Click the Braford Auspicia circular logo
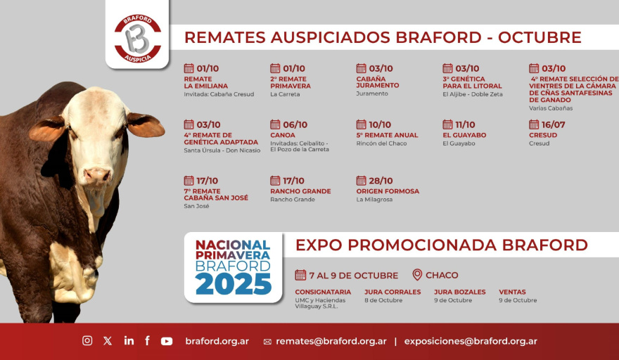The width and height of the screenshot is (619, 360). [x=137, y=39]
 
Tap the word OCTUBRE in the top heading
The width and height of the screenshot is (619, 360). [x=540, y=37]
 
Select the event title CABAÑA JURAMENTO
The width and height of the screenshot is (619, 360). [x=378, y=82]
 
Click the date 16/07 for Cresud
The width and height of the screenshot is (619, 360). [x=553, y=124]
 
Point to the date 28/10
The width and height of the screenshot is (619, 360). [x=381, y=181]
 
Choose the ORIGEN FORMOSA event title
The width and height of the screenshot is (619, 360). [x=388, y=191]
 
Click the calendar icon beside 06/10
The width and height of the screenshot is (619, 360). [x=275, y=124]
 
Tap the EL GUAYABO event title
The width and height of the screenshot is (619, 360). [x=464, y=135]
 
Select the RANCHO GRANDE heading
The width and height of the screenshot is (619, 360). [x=300, y=191]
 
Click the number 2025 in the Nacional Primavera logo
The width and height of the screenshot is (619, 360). [x=234, y=284]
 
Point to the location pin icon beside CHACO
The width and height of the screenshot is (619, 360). [x=417, y=275]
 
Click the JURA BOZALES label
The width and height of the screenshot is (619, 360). [x=460, y=292]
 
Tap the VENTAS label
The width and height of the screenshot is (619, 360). [x=512, y=292]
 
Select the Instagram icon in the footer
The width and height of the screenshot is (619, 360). [x=87, y=340]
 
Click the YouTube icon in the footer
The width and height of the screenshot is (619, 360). [x=167, y=341]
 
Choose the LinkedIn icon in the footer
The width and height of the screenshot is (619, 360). [x=129, y=340]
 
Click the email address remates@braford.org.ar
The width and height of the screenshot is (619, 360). [x=331, y=342]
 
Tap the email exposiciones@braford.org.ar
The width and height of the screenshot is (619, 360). [x=471, y=342]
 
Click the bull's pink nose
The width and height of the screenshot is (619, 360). [x=98, y=174]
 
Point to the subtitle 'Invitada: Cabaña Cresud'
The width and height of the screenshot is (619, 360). [x=219, y=94]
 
